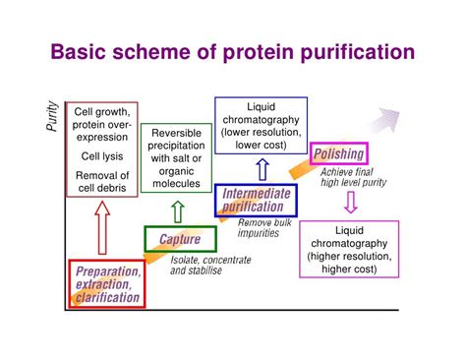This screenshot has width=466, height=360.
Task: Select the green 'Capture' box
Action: (179, 239)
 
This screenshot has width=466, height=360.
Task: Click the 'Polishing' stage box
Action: (338, 153)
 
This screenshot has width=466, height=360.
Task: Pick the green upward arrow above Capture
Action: (177, 210)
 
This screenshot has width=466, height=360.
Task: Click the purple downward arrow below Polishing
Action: (349, 203)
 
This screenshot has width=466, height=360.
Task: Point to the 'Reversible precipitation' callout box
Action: (176, 156)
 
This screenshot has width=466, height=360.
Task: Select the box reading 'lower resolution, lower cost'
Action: (261, 125)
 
